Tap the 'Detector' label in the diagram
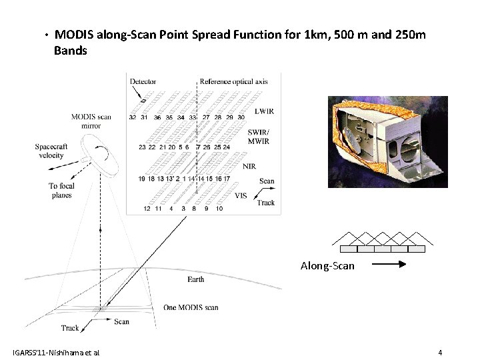(x=143, y=81)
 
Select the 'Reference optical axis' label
(x=234, y=81)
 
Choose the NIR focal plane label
(x=250, y=166)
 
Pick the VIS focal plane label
(x=241, y=195)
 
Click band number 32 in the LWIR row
(x=133, y=117)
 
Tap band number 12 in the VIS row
(x=147, y=209)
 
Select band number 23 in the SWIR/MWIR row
(x=142, y=147)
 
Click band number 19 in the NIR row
(x=141, y=179)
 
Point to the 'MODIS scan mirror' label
(x=91, y=121)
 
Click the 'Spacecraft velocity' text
(x=51, y=151)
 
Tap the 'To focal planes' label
(x=61, y=191)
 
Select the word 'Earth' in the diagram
(x=196, y=279)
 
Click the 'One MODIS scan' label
(x=191, y=307)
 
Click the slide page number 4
(x=440, y=352)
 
